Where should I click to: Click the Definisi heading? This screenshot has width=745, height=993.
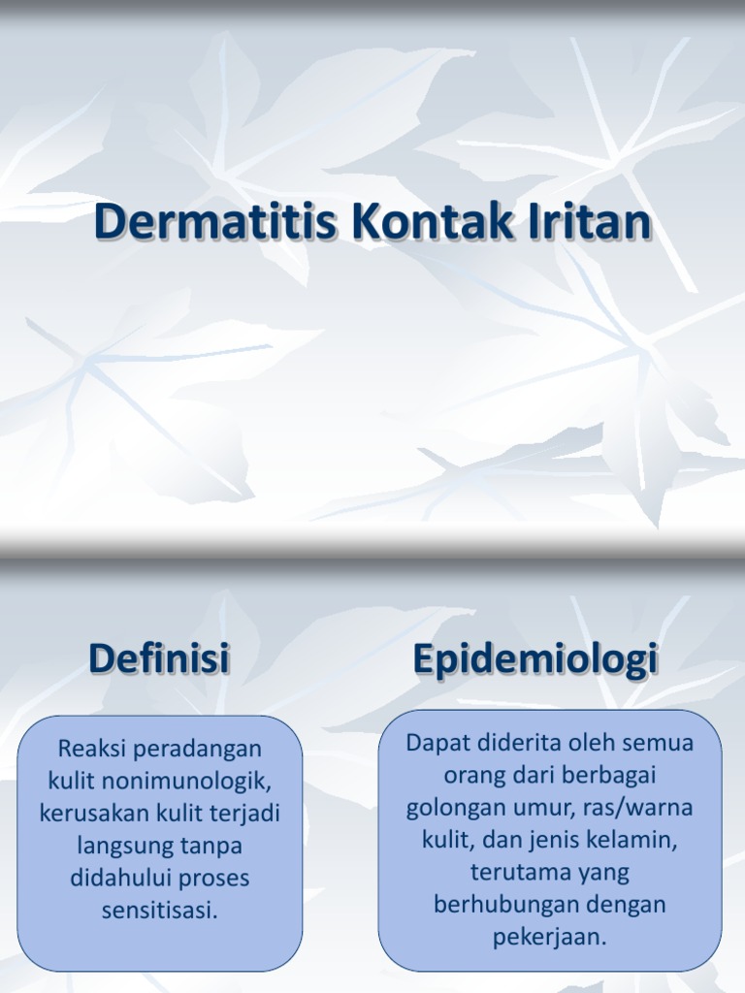click(159, 659)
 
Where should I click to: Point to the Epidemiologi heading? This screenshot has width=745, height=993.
click(535, 659)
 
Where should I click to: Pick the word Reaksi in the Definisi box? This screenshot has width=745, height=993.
click(93, 749)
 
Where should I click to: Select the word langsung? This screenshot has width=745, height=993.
click(124, 846)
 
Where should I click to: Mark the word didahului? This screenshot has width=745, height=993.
click(118, 879)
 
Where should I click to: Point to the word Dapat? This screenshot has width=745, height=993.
click(436, 743)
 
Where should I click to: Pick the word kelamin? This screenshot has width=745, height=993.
click(636, 840)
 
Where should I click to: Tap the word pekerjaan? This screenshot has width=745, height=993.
click(550, 937)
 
